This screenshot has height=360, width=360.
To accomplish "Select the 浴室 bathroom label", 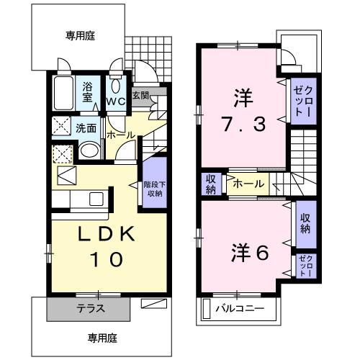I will (x=87, y=93).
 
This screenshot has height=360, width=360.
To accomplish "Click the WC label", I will (x=117, y=101).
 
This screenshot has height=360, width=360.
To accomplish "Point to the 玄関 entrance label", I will (x=141, y=94).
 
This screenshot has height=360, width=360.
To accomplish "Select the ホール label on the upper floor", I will (x=248, y=184).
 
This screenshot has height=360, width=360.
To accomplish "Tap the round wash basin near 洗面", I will (x=89, y=150).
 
